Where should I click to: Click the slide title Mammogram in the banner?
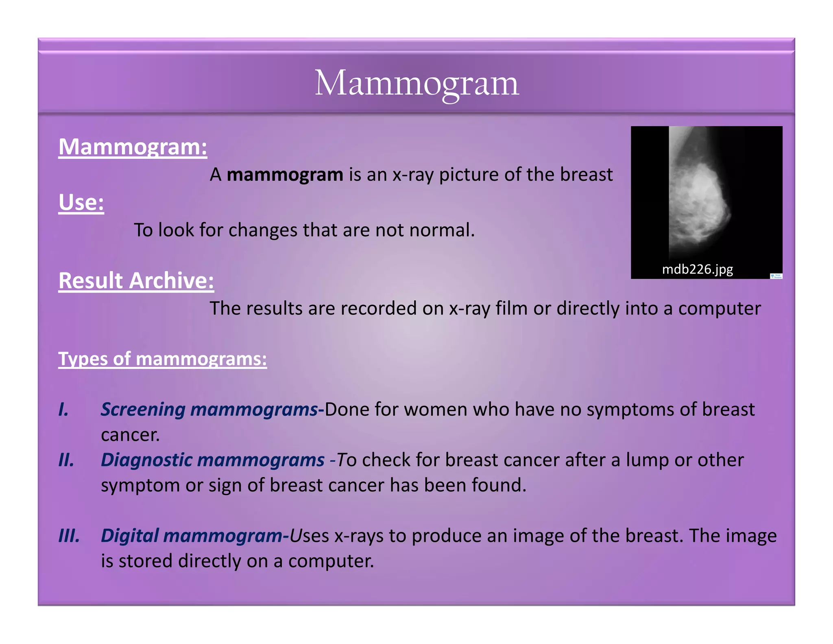coord(416,83)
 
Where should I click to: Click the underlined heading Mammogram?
coord(133,147)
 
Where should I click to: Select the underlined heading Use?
coord(81,202)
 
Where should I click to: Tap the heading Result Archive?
coord(136,281)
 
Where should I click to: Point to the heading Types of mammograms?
coord(162,359)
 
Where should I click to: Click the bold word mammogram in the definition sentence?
coord(285,175)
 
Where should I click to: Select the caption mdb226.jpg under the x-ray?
coord(697,269)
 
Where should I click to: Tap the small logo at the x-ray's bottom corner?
coord(776,276)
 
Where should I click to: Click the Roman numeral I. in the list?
coord(63,410)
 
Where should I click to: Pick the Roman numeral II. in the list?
coord(66,460)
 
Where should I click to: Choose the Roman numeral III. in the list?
coord(69,536)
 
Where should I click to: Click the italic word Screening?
coord(143,410)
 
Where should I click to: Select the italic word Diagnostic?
coord(146,460)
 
